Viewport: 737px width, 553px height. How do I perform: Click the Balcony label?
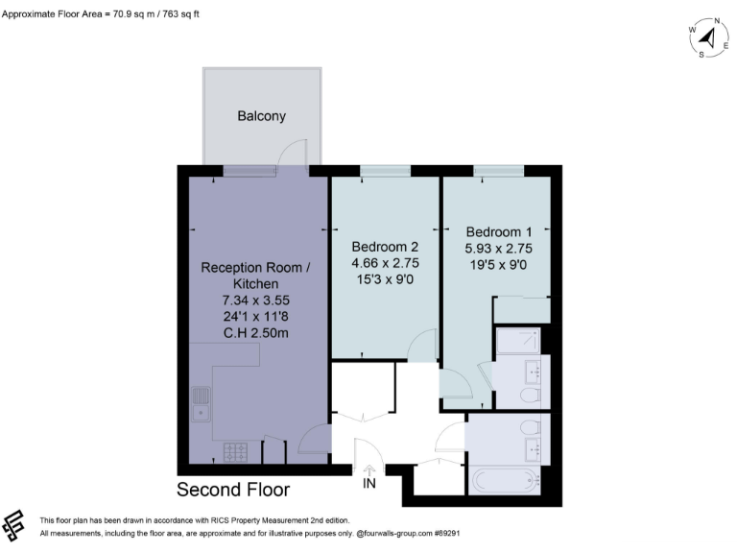click(x=262, y=117)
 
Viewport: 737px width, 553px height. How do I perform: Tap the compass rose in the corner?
click(x=708, y=37)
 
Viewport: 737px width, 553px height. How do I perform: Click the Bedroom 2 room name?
click(x=386, y=245)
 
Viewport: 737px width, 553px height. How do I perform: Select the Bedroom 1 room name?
click(x=498, y=232)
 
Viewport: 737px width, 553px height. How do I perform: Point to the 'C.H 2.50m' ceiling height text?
click(x=244, y=332)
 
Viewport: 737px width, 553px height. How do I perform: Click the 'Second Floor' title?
click(x=233, y=490)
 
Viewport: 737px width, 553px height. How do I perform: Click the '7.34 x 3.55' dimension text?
click(x=244, y=301)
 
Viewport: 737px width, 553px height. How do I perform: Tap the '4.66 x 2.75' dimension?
click(x=386, y=261)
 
